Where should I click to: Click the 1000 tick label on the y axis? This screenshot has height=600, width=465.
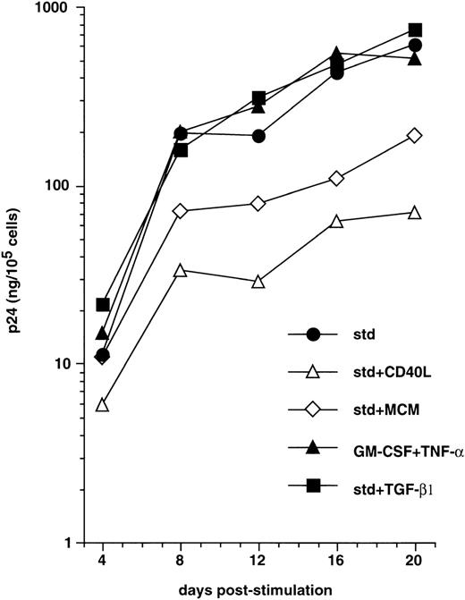tap(62, 8)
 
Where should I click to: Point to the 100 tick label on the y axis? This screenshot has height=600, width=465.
tap(65, 186)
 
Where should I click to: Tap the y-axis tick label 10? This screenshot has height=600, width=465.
tap(69, 365)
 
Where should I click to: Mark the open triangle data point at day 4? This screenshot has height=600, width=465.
tap(103, 405)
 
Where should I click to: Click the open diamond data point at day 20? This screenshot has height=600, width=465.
tap(414, 135)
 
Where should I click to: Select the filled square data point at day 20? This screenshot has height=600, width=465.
tap(414, 30)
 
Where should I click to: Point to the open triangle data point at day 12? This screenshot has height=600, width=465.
tap(258, 282)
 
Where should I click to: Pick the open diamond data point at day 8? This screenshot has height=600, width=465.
tap(181, 211)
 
